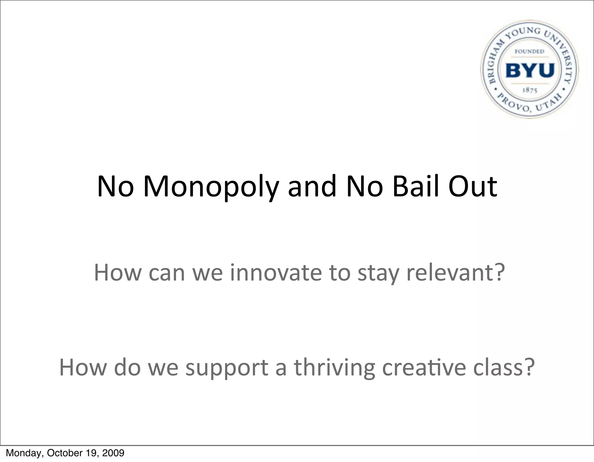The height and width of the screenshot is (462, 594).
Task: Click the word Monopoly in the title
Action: [x=211, y=187]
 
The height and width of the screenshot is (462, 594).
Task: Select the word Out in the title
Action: [x=473, y=186]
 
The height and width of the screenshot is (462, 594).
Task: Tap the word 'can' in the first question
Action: [x=167, y=273]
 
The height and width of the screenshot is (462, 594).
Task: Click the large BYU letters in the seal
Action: [x=530, y=70]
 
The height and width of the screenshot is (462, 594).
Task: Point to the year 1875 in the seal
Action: [x=530, y=90]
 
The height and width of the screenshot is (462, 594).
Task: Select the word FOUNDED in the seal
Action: [x=529, y=51]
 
